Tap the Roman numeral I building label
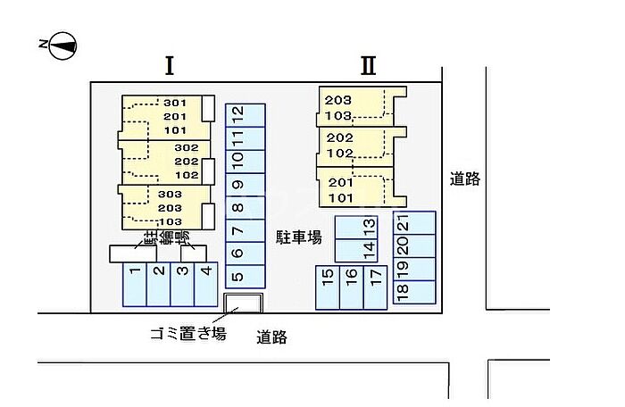click(x=169, y=65)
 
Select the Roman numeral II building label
click(x=369, y=65)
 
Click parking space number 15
click(x=328, y=287)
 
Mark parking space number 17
click(x=376, y=287)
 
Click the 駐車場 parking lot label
click(x=299, y=237)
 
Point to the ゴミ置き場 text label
click(x=187, y=334)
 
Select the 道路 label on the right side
click(x=465, y=179)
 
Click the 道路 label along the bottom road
click(x=271, y=337)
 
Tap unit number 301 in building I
click(x=174, y=103)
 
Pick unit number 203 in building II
click(x=339, y=99)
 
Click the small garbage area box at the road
click(x=242, y=303)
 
